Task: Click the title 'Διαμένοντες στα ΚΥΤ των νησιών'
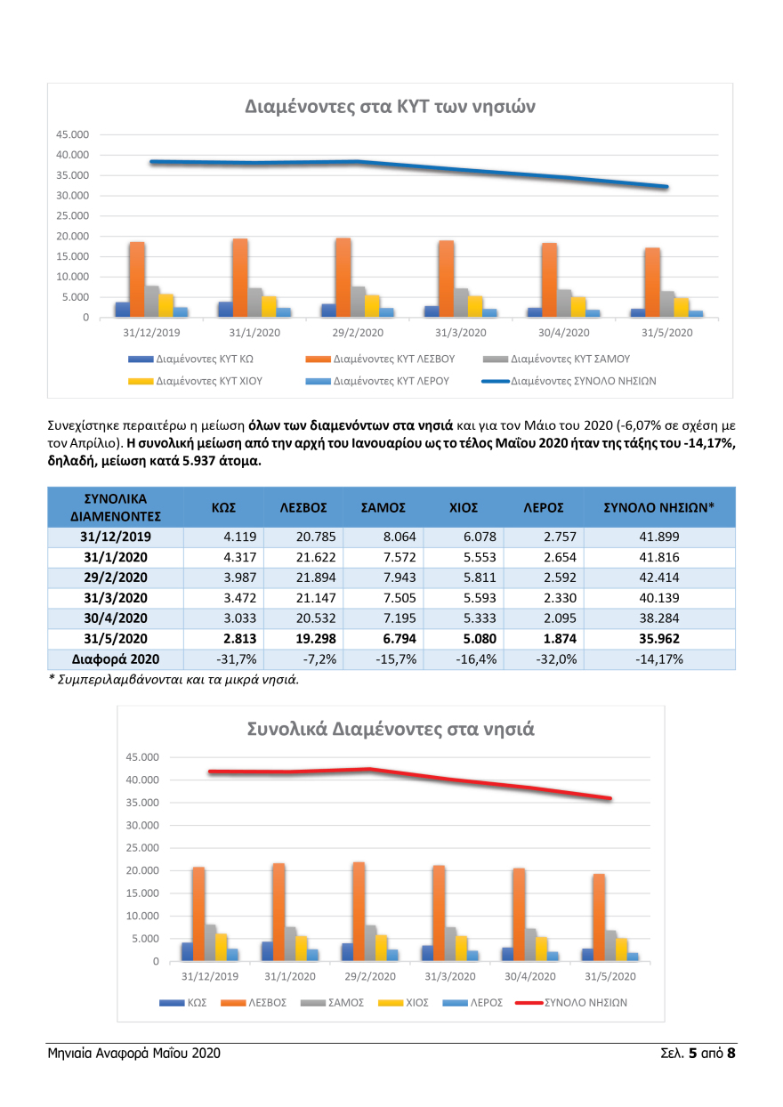point(390,106)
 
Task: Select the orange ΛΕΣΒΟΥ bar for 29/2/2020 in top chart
point(343,277)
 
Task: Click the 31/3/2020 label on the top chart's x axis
point(461,333)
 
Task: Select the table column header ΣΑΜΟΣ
point(383,507)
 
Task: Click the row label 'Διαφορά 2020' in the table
point(114,659)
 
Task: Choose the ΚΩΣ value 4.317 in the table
point(217,558)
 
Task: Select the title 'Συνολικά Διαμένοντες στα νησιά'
point(390,729)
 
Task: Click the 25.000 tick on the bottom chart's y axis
point(142,848)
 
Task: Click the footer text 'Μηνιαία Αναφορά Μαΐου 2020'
point(133,1054)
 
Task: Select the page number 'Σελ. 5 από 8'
point(690,1054)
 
